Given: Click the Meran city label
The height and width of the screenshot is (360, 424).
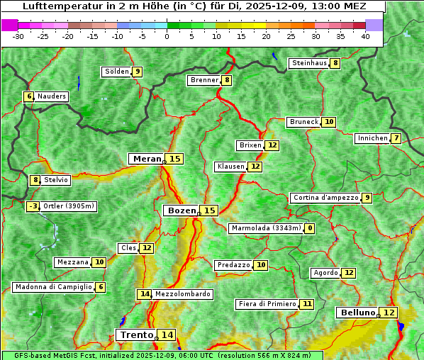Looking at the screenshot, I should coord(147,159).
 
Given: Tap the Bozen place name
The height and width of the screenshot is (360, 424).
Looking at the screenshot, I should coord(181,210).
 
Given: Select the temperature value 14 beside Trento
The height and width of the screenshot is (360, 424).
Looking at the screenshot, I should coord(167,335).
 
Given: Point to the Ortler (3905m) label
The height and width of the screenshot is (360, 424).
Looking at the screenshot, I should coord(69,206).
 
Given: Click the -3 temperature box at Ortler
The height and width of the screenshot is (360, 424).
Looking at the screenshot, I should coord(33,206).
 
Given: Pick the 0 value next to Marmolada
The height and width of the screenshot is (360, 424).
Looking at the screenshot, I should coord(310,228).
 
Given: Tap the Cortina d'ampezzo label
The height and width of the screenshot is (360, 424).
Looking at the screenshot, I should coord(325,198).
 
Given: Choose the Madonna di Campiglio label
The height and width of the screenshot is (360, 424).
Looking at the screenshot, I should coord(53,287).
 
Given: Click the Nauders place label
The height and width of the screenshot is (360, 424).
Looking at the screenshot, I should coord(51,96).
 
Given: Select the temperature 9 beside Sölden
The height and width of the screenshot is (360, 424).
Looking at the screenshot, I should coord(137,72).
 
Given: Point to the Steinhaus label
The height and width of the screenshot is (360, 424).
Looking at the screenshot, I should coord(309,63).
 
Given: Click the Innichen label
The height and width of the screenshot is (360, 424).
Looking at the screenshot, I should coord(372,138).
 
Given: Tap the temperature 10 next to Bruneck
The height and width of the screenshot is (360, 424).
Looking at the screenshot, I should coord(329,122).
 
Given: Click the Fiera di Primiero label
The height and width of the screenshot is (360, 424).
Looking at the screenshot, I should coord(267,304).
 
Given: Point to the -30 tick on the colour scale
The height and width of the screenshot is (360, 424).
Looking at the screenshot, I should coord(18,35).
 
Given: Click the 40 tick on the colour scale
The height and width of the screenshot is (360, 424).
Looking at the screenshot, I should coord(365,35).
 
